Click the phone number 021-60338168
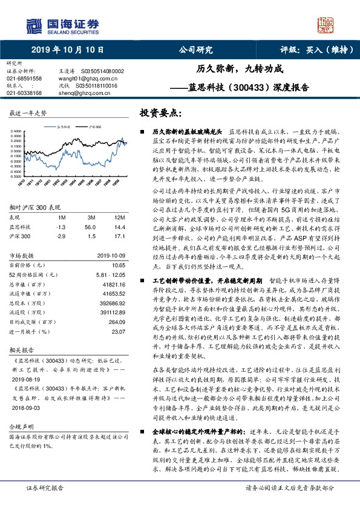point(24,93)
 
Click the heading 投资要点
point(159,113)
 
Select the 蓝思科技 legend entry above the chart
point(64,128)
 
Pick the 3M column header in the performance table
point(91,217)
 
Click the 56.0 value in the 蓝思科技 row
point(91,226)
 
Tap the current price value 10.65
point(118,265)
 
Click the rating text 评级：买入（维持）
point(309,50)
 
